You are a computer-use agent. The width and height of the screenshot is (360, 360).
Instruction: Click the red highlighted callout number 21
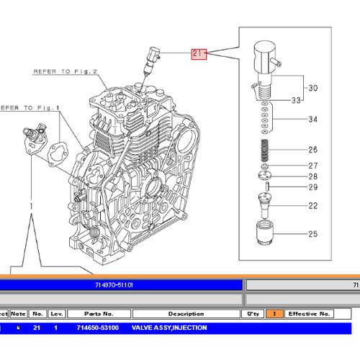pos(198,53)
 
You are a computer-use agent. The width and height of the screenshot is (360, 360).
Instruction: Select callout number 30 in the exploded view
pos(312,88)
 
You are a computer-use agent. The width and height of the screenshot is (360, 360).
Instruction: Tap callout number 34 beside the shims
pos(312,120)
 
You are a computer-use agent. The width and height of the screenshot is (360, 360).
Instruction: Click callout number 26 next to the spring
pos(312,150)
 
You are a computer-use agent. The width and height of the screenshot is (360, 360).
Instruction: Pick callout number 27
pos(312,166)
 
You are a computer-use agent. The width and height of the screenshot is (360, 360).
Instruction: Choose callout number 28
pos(312,176)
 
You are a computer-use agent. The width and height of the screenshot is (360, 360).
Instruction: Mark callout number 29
pos(312,187)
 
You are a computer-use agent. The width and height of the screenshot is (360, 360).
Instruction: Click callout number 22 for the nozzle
pos(312,207)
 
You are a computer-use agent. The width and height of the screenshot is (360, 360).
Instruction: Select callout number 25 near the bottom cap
pos(312,234)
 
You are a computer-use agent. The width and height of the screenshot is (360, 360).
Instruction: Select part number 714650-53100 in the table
pos(98,328)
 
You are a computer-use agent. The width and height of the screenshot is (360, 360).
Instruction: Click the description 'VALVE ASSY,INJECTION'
pos(169,328)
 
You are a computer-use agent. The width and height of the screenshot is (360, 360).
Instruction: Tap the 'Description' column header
pos(186,314)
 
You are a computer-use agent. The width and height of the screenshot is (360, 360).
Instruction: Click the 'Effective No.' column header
pos(309,314)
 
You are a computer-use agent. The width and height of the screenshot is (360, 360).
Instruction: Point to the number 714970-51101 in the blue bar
pos(114,285)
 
